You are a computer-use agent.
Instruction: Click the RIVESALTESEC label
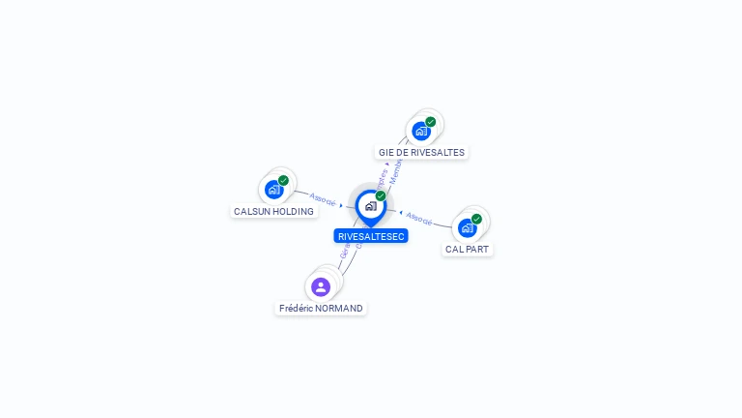tap(371, 236)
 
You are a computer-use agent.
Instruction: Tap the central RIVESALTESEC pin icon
tap(370, 206)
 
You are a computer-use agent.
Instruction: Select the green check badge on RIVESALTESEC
tap(381, 196)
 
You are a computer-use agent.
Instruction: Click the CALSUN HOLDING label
tap(273, 211)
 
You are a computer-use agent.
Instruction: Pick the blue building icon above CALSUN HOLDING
tap(273, 190)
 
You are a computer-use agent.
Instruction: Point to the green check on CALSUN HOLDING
tap(283, 180)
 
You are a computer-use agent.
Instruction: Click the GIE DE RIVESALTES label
tap(421, 152)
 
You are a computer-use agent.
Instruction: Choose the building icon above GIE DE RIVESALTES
tap(420, 131)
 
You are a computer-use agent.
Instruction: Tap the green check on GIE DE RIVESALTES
tap(430, 122)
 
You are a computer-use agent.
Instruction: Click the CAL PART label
tap(468, 249)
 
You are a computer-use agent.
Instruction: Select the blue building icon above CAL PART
tap(467, 228)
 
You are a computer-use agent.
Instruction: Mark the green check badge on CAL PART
tap(476, 219)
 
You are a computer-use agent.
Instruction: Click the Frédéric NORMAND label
tap(321, 308)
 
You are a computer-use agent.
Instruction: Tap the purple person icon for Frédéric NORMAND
tap(321, 286)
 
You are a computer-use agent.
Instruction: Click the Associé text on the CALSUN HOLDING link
tap(323, 201)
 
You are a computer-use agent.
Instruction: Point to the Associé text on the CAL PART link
tap(419, 218)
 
